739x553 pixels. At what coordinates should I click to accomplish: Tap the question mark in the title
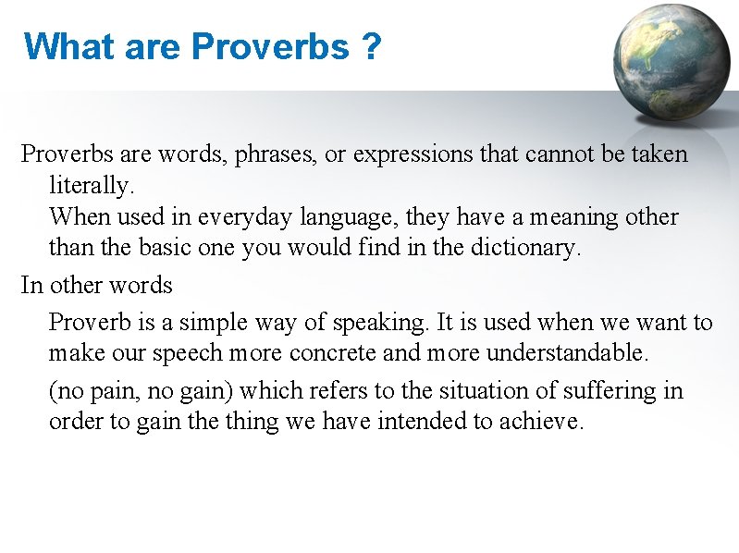click(371, 45)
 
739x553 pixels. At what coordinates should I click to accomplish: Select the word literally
click(92, 186)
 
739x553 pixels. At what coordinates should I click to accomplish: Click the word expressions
click(412, 154)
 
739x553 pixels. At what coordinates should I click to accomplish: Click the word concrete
click(333, 354)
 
